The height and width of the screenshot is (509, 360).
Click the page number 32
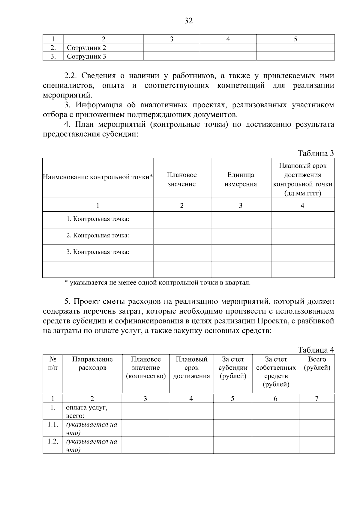point(188,21)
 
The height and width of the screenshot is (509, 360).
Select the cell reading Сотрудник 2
point(86,48)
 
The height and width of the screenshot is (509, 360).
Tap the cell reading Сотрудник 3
point(86,56)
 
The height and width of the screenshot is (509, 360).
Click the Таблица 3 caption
point(316,153)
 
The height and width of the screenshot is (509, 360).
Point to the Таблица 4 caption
point(316,350)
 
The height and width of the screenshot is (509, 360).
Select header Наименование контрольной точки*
point(98,177)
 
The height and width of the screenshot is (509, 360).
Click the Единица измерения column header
point(241,179)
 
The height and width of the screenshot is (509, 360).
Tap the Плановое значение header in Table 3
point(182,179)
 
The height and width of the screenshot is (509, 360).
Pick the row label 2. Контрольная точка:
point(98,236)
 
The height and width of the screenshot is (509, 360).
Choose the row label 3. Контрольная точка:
point(98,252)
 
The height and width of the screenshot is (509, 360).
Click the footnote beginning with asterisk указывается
point(157,283)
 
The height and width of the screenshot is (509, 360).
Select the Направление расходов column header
point(92,363)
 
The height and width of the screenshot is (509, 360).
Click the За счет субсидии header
point(233,368)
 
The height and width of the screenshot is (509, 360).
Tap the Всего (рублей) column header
point(317,363)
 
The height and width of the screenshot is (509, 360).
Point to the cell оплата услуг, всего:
point(86,412)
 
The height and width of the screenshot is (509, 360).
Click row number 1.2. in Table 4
point(53,442)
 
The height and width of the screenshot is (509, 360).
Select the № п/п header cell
point(53,363)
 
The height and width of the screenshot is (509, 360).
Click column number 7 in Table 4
point(317,399)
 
